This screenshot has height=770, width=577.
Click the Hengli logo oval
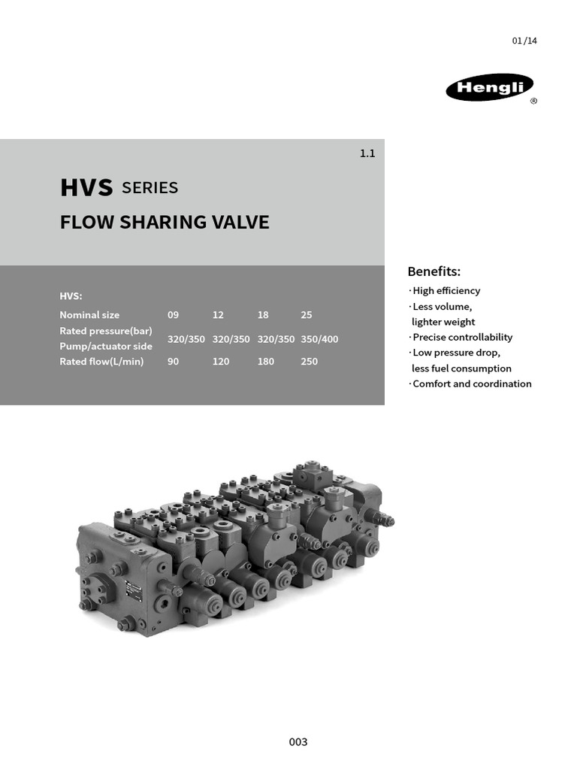point(490,88)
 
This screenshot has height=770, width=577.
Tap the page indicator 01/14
point(524,41)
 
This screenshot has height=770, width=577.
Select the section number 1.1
point(367,153)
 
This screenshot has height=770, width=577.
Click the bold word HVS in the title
point(86,188)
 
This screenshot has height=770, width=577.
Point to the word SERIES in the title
point(150,188)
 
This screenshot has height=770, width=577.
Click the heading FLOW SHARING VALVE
point(165,223)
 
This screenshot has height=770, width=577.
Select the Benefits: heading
point(434,271)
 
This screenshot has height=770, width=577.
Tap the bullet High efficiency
point(445,291)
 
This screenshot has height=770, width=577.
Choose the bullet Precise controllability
point(461,338)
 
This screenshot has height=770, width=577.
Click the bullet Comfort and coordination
point(470,384)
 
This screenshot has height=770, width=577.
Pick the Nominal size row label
point(89,315)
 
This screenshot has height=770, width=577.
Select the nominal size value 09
point(174,315)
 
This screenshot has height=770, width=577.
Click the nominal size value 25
point(306,315)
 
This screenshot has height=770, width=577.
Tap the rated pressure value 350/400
point(319,339)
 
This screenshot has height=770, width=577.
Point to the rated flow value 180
point(265,362)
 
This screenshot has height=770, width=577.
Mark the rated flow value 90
point(174,362)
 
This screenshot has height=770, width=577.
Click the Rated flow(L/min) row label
point(101,362)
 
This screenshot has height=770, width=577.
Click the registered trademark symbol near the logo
point(533,102)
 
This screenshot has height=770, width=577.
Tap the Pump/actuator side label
point(106,347)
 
